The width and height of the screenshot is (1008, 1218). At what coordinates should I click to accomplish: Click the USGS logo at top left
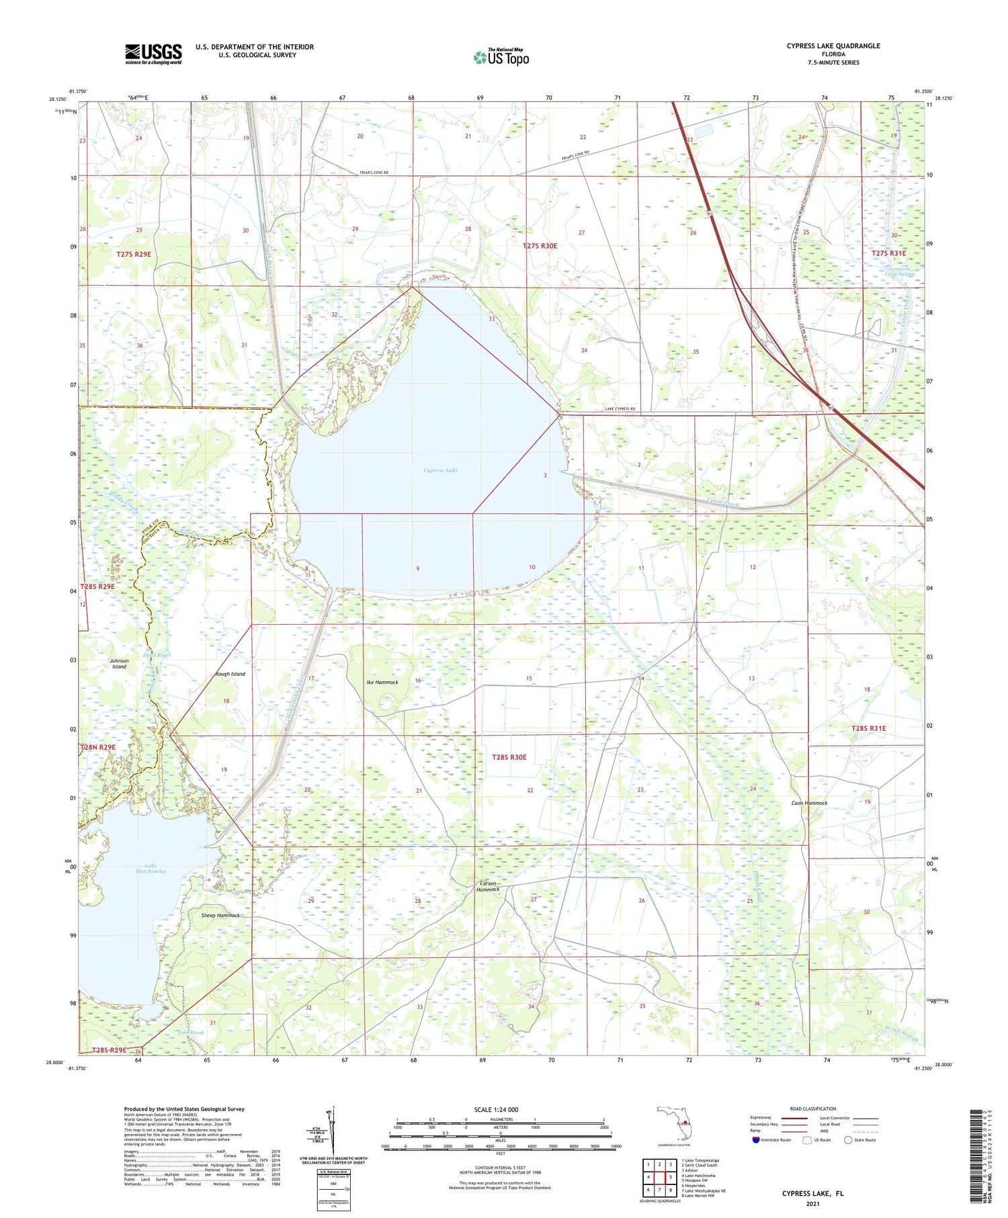pos(153,54)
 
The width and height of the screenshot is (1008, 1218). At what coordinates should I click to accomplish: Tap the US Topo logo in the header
pos(501,58)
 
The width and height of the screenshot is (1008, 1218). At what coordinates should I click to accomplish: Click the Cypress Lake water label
pos(440,470)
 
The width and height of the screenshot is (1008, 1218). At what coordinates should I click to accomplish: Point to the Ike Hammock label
pos(382,682)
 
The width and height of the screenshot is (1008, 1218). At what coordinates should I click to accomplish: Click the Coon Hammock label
pos(809,803)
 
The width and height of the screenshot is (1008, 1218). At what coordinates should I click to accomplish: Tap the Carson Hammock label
pos(488,886)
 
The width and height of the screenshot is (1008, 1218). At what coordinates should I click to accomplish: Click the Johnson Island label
pos(119,664)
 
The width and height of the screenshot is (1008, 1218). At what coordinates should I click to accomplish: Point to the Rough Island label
pos(230,673)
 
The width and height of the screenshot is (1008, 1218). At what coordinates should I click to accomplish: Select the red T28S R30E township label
pos(509,757)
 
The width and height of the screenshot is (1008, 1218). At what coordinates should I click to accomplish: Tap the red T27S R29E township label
pos(134,254)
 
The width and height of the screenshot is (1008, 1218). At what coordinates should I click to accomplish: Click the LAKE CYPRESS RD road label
pos(620,409)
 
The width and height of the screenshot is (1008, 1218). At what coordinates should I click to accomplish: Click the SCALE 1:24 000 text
pos(496,1109)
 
